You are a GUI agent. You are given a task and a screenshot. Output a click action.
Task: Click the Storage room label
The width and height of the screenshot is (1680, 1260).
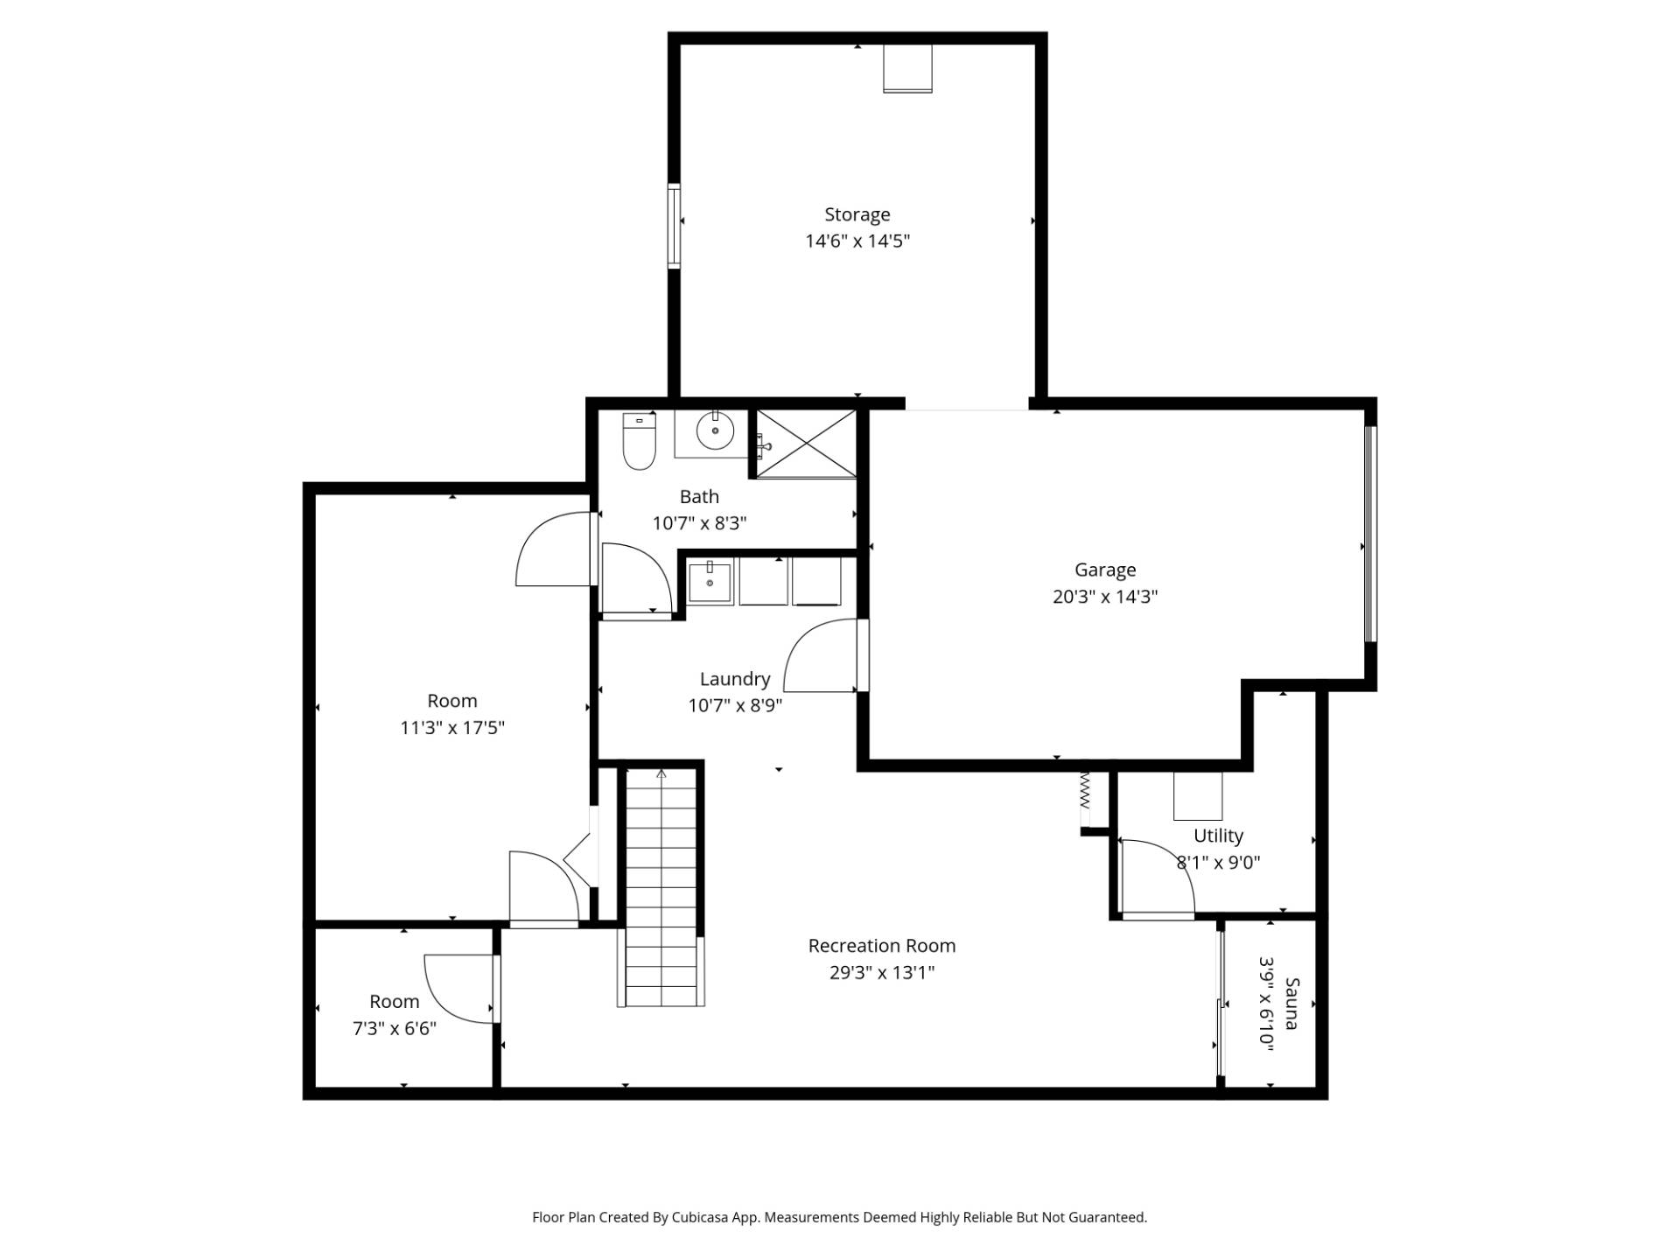(x=857, y=214)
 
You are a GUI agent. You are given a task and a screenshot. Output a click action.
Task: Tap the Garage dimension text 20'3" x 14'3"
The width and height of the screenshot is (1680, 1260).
(x=1105, y=597)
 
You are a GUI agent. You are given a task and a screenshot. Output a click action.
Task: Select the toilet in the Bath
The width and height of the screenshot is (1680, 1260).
(x=639, y=441)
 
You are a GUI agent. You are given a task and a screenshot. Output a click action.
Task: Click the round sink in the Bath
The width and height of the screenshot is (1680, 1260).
(x=716, y=430)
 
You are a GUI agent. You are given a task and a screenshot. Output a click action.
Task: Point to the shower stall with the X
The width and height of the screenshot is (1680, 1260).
(x=806, y=444)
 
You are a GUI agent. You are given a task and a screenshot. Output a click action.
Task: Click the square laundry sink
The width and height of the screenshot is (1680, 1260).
(x=710, y=582)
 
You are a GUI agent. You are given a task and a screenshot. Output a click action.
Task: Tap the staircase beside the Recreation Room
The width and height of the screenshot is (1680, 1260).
(x=661, y=888)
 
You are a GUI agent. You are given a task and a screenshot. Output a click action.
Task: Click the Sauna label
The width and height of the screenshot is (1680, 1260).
(x=1291, y=1004)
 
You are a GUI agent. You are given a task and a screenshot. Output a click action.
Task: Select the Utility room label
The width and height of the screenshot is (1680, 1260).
(x=1218, y=836)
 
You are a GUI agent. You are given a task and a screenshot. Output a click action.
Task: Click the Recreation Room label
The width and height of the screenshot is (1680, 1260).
(x=882, y=946)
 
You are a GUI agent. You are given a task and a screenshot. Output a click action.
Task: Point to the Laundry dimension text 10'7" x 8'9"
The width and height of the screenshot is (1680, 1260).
(x=735, y=705)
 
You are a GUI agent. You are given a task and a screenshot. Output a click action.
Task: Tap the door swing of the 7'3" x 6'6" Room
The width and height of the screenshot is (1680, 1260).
(x=460, y=989)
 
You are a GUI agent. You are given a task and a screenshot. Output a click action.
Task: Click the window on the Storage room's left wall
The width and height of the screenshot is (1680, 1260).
(x=674, y=225)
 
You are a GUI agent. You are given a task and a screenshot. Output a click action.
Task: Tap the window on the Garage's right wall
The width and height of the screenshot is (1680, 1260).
(x=1371, y=534)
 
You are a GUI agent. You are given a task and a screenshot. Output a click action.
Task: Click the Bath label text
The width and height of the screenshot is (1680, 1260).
(x=699, y=497)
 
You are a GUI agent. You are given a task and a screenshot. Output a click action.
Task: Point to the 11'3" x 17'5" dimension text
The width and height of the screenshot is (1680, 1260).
(x=452, y=728)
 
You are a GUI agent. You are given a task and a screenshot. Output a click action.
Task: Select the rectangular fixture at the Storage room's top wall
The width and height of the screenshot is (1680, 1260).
(x=907, y=68)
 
